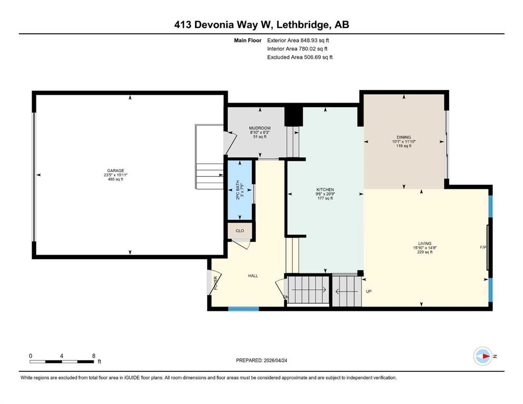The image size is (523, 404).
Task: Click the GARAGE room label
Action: click(x=115, y=170)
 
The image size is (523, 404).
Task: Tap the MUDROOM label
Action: click(x=260, y=128)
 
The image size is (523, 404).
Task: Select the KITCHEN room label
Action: click(x=325, y=189)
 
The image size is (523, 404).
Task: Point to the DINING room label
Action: click(x=404, y=137)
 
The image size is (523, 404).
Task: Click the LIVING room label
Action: click(x=425, y=244)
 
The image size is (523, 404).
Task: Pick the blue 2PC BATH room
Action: click(x=240, y=190)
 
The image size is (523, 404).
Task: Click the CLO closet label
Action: click(x=240, y=230)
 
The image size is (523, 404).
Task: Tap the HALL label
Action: click(x=253, y=276)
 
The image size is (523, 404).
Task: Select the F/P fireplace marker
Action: click(x=483, y=247)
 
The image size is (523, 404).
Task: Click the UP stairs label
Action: click(x=369, y=291)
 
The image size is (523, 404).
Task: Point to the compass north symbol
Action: click(x=483, y=356)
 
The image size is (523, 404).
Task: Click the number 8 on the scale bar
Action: click(x=94, y=356)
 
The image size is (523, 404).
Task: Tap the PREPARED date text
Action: click(x=261, y=360)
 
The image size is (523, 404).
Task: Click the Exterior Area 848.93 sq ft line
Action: click(x=298, y=41)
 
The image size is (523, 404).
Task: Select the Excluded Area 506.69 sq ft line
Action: click(x=300, y=57)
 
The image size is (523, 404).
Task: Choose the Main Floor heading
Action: click(x=248, y=41)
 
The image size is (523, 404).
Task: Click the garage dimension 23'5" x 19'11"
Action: click(x=115, y=175)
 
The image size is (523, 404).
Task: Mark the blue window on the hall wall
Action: click(x=243, y=309)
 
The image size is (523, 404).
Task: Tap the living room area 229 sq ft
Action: click(x=425, y=252)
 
